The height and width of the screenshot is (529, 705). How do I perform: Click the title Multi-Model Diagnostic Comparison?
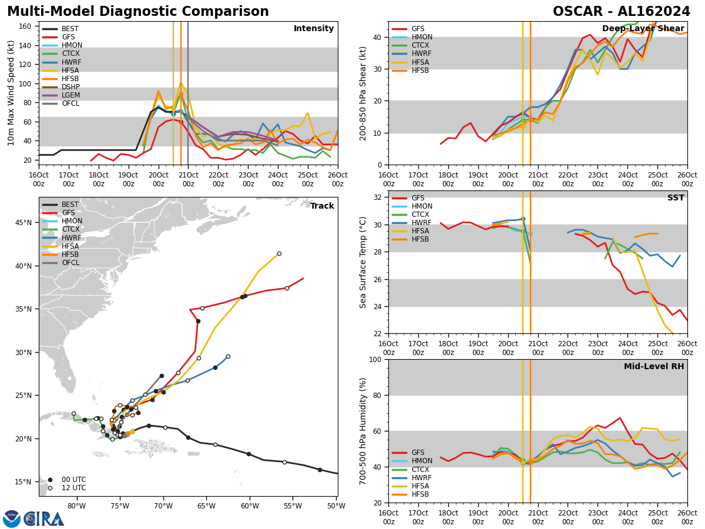pyautogui.click(x=137, y=12)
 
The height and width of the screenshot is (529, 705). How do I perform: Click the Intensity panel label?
pyautogui.click(x=314, y=29)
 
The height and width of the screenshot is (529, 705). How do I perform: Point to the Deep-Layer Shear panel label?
pyautogui.click(x=643, y=29)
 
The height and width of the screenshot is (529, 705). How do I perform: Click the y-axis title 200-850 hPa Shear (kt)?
pyautogui.click(x=363, y=93)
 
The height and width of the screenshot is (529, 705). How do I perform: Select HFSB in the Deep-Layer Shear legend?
pyautogui.click(x=421, y=71)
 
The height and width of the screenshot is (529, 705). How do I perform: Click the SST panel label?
pyautogui.click(x=675, y=198)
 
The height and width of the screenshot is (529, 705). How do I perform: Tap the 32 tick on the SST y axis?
pyautogui.click(x=378, y=197)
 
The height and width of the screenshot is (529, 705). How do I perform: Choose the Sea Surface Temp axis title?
pyautogui.click(x=363, y=262)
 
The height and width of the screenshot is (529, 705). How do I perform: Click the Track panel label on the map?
pyautogui.click(x=322, y=206)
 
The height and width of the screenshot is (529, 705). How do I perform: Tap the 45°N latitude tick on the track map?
pyautogui.click(x=23, y=223)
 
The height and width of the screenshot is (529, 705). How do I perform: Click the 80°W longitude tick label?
pyautogui.click(x=76, y=506)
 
